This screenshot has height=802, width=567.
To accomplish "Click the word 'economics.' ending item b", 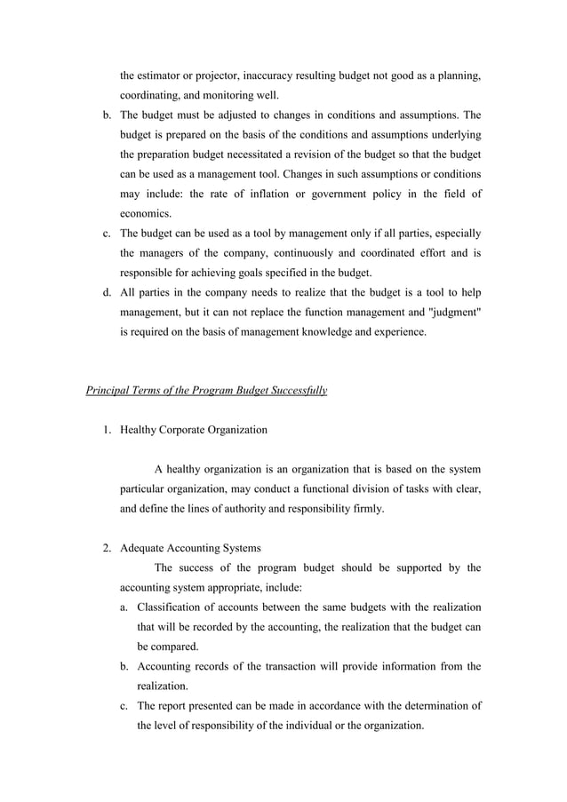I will click(145, 214).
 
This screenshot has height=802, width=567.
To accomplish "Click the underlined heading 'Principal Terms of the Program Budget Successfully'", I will click(206, 390).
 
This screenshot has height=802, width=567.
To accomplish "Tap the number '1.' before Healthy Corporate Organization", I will click(105, 430).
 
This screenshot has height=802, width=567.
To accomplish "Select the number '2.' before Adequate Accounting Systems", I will click(105, 548).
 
